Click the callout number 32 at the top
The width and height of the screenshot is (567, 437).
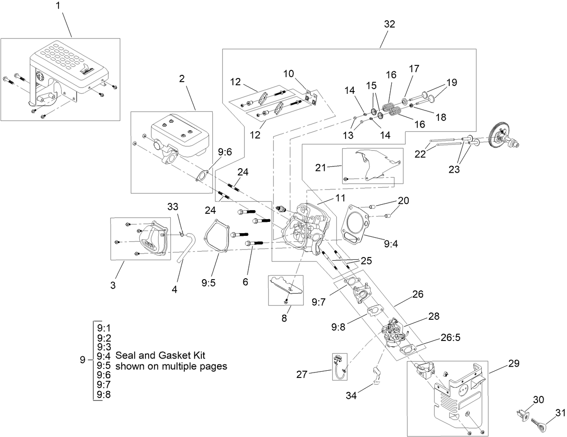click(389, 24)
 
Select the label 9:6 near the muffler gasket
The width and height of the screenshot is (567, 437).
click(225, 152)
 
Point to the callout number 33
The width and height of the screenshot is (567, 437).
click(173, 207)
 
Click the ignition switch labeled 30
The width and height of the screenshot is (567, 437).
click(523, 414)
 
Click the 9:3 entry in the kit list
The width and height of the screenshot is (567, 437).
click(104, 347)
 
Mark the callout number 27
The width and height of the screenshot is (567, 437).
click(302, 374)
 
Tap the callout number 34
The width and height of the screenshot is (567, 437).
click(351, 396)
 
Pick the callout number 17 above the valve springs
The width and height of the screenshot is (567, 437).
click(414, 69)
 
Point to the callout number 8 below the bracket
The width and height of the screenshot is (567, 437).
click(284, 317)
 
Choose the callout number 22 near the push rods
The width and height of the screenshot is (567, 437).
click(420, 154)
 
